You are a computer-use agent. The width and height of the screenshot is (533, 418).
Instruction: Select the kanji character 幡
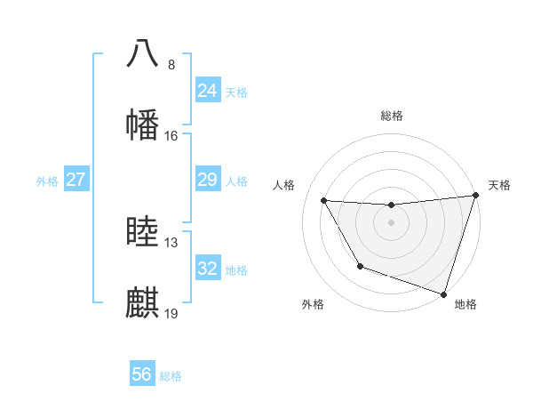[143, 124]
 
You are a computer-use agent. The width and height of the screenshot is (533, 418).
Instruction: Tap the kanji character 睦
[143, 232]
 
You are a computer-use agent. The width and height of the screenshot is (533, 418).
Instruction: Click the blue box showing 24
[207, 91]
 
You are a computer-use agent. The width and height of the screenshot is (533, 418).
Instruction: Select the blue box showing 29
[207, 180]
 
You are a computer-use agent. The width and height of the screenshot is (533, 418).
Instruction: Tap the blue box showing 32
[207, 269]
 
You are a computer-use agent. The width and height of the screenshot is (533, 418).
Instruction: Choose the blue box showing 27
[76, 180]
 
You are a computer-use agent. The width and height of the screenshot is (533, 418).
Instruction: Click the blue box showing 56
[141, 374]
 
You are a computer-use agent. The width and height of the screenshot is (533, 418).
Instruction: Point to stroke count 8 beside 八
[171, 65]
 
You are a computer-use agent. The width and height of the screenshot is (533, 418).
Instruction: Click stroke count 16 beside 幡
[171, 136]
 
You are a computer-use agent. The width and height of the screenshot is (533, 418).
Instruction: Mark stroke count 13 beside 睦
[171, 243]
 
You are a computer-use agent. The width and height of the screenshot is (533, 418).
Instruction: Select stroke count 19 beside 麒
[171, 314]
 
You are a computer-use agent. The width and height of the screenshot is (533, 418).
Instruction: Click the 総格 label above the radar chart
[392, 116]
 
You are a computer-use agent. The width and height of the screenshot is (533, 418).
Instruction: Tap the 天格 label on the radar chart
[499, 185]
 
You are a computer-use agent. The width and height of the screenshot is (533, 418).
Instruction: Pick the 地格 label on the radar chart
[465, 304]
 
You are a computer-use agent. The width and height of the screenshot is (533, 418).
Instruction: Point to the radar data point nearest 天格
[475, 196]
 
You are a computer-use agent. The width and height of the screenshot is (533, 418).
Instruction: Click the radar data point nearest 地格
[443, 293]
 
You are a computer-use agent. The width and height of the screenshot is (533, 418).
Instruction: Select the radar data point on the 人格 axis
[324, 201]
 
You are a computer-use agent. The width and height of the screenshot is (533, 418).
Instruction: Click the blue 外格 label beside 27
[47, 181]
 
